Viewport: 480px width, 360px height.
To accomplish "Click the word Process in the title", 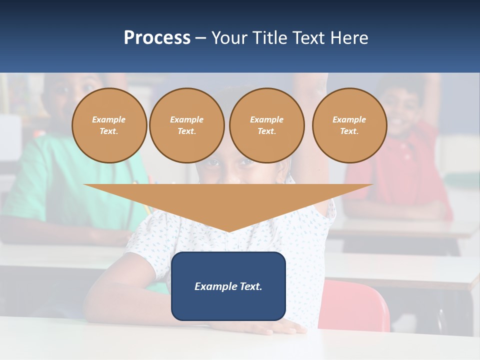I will pyautogui.click(x=157, y=38).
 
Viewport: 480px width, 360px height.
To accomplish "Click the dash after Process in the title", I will pyautogui.click(x=200, y=38).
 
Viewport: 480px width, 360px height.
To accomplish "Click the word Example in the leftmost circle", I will pyautogui.click(x=109, y=119).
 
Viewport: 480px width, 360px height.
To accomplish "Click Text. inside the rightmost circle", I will pyautogui.click(x=349, y=131).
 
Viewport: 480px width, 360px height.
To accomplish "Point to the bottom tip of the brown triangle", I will pyautogui.click(x=228, y=231).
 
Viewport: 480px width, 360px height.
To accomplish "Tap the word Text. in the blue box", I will pyautogui.click(x=250, y=286).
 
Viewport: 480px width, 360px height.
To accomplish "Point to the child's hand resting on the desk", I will pyautogui.click(x=285, y=327).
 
